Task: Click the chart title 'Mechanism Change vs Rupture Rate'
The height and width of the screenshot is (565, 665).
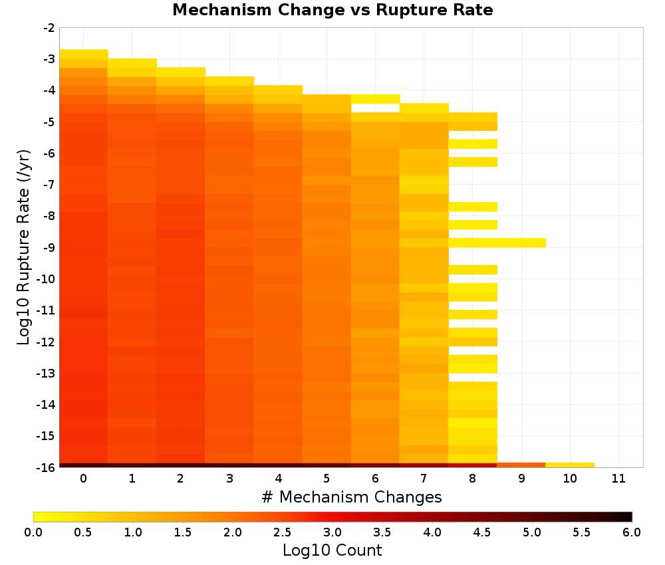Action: click(332, 10)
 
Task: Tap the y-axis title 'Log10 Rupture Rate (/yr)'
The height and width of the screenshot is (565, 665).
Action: click(24, 247)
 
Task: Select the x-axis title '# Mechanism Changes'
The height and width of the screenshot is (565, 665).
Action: click(352, 497)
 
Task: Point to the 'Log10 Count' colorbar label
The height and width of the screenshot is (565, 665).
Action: click(332, 550)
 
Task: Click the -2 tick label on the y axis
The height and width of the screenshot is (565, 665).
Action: click(49, 28)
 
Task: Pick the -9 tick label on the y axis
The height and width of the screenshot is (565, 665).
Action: click(49, 247)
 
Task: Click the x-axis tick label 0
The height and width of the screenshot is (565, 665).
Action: click(84, 479)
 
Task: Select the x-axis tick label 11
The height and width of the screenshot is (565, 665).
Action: click(618, 479)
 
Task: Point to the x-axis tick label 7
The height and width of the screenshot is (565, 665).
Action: click(424, 479)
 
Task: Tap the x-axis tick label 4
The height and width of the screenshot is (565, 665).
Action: click(278, 479)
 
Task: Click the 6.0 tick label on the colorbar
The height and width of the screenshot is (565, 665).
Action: click(632, 532)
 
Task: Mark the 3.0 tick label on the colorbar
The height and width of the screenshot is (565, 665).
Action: click(332, 532)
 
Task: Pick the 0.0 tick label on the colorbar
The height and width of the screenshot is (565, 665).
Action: click(33, 532)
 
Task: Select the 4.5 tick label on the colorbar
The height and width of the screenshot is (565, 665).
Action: click(481, 532)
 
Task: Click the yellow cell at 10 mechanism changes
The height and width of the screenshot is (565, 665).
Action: click(570, 465)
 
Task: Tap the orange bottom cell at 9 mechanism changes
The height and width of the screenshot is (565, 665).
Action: click(521, 465)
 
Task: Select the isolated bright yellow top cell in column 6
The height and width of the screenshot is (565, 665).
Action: click(375, 99)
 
